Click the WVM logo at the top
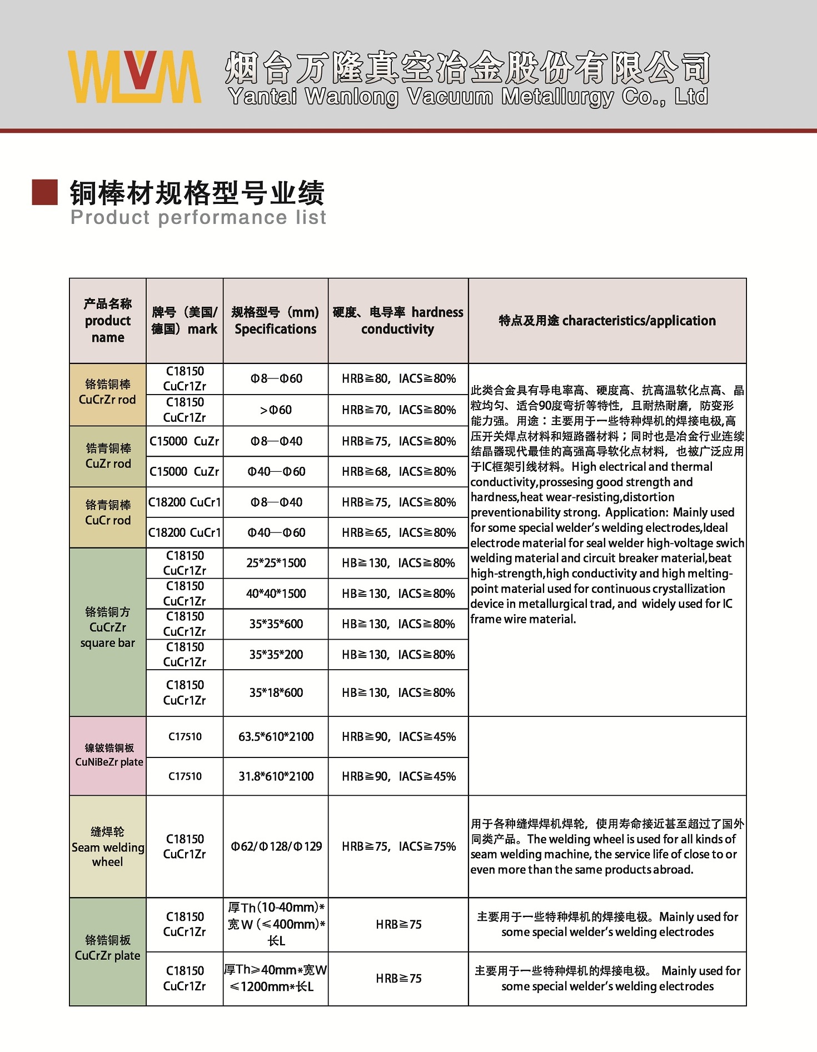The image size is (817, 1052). [x=134, y=77]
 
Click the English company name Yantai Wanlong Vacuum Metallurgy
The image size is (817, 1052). [x=468, y=97]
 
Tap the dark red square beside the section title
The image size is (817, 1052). [x=45, y=192]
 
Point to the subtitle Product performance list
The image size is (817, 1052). [x=198, y=217]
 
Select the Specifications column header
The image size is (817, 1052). [x=276, y=321]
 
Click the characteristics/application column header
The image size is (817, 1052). [x=607, y=321]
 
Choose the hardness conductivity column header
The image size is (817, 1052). [x=398, y=321]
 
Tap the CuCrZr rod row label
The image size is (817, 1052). [x=107, y=392]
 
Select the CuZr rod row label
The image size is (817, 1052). [x=108, y=456]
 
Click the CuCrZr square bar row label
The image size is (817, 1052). [x=107, y=627]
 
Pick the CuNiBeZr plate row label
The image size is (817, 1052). [x=108, y=755]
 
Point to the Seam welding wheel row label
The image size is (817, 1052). [x=107, y=847]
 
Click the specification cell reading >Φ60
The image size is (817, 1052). [x=276, y=410]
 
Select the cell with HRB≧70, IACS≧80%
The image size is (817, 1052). [x=398, y=410]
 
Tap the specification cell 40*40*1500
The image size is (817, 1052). [x=276, y=594]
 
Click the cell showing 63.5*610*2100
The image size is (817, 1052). [x=276, y=737]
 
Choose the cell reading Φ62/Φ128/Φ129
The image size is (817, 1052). [x=276, y=846]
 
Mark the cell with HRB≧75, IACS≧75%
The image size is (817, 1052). [x=398, y=846]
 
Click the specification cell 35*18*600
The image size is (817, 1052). [x=276, y=692]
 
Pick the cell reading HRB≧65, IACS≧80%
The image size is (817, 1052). [x=398, y=532]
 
